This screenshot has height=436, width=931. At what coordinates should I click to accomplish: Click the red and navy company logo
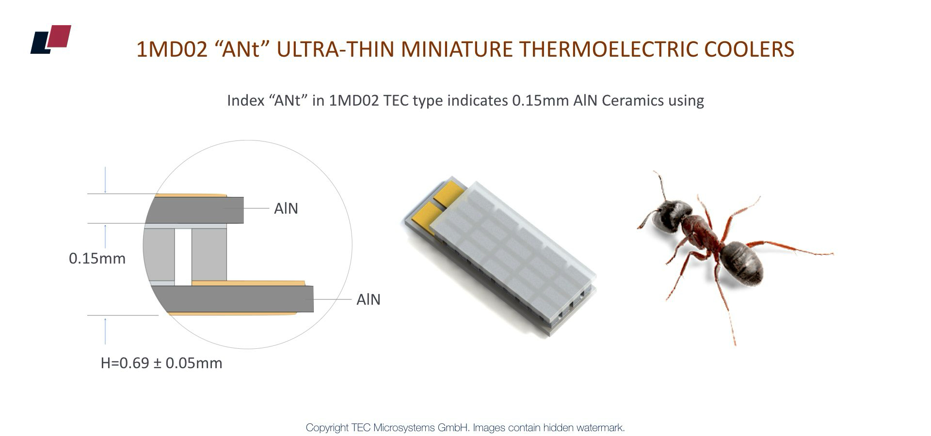(51, 39)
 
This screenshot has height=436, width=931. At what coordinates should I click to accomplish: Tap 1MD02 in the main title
(172, 49)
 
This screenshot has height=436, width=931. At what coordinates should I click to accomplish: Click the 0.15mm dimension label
(97, 258)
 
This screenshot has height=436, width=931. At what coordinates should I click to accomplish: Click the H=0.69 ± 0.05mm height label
(161, 363)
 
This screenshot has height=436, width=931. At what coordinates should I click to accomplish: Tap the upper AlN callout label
(286, 208)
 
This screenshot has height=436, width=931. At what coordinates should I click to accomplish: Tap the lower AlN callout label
(369, 299)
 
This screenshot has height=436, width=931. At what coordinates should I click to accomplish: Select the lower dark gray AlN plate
(233, 299)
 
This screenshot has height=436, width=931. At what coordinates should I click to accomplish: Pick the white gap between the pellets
(183, 257)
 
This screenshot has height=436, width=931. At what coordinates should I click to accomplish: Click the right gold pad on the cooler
(449, 193)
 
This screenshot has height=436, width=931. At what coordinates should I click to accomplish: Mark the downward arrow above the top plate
(105, 180)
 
